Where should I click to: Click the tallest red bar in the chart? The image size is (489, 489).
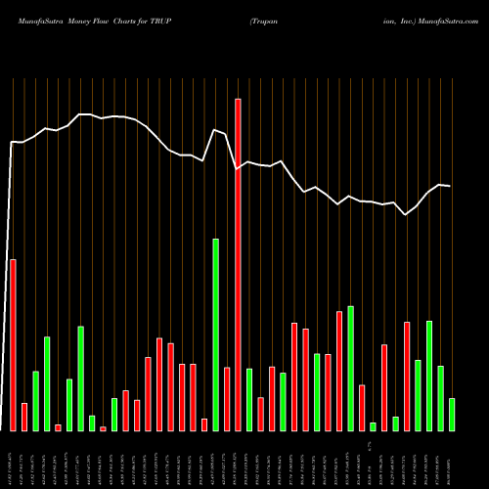(238, 264)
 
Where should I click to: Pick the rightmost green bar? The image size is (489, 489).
(452, 414)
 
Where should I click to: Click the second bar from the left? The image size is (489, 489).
(24, 417)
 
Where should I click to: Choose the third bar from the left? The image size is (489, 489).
(35, 401)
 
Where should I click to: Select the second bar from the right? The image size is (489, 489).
(440, 398)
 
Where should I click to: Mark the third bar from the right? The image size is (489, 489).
(429, 376)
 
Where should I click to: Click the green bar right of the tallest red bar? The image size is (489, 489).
(249, 399)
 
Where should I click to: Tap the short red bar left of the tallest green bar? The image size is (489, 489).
(204, 424)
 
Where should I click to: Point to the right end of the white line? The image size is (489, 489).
(450, 186)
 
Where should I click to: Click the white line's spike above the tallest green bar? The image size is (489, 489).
(215, 130)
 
